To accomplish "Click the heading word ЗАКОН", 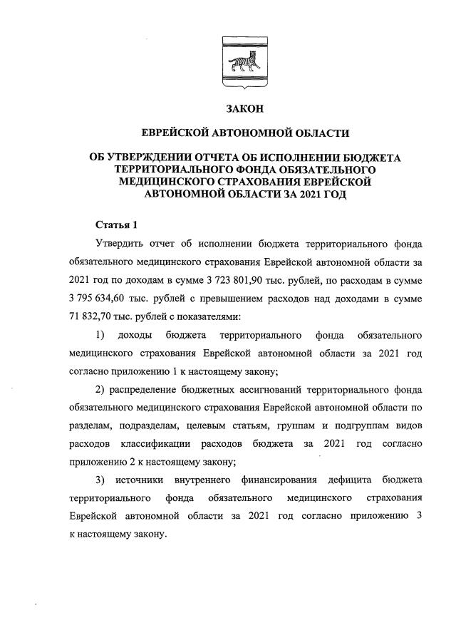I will (x=244, y=108).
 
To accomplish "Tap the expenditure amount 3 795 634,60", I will (x=103, y=295).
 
